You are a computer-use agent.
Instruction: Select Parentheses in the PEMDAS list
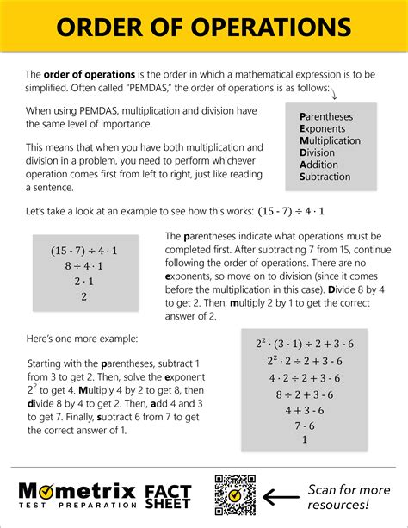point(325,116)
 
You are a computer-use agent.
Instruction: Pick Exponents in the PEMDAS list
point(323,128)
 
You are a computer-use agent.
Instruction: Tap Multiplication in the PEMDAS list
point(330,140)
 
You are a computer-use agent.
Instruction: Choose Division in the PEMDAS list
point(317,152)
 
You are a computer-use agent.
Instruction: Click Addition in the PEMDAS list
point(318,165)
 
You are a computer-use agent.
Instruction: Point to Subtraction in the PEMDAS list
point(325,177)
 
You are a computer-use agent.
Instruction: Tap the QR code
point(234,494)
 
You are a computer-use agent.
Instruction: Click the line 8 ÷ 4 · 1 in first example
point(84,266)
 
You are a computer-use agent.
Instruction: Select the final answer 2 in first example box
point(84,296)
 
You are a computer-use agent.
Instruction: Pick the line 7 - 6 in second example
point(304,425)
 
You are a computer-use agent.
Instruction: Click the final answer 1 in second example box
point(304,439)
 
